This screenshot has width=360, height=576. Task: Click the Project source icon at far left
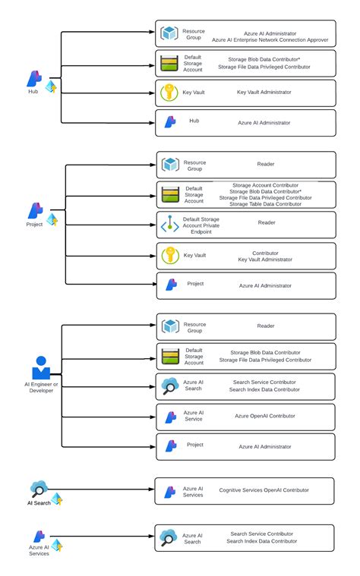tap(35, 210)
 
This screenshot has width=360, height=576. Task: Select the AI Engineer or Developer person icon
tap(40, 368)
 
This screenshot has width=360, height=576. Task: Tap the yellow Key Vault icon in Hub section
tap(169, 93)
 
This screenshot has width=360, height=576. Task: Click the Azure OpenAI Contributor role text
tap(264, 417)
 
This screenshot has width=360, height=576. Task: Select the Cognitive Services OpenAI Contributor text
tap(264, 490)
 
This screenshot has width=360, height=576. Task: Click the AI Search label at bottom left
tap(39, 502)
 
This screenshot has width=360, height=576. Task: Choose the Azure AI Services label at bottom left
tap(39, 550)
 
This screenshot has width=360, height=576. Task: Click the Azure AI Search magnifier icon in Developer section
tap(169, 386)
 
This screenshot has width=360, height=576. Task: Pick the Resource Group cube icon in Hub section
tap(169, 33)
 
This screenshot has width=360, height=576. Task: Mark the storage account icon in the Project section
tap(169, 194)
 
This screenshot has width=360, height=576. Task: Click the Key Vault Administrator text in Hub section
tap(264, 92)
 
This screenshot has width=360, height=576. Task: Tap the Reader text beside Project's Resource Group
tap(266, 163)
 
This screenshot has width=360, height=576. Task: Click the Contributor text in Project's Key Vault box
tap(264, 252)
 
